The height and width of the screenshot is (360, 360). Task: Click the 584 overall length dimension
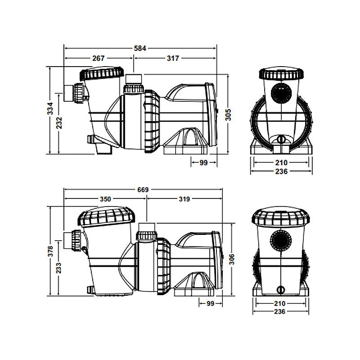click(x=141, y=47)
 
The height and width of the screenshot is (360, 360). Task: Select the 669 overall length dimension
click(x=143, y=189)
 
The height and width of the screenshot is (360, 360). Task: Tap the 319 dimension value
click(x=184, y=199)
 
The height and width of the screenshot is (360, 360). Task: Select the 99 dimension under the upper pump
click(x=203, y=163)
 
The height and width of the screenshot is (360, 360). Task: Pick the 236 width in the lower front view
click(x=281, y=311)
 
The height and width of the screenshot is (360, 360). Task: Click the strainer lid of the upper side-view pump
click(x=101, y=73)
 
